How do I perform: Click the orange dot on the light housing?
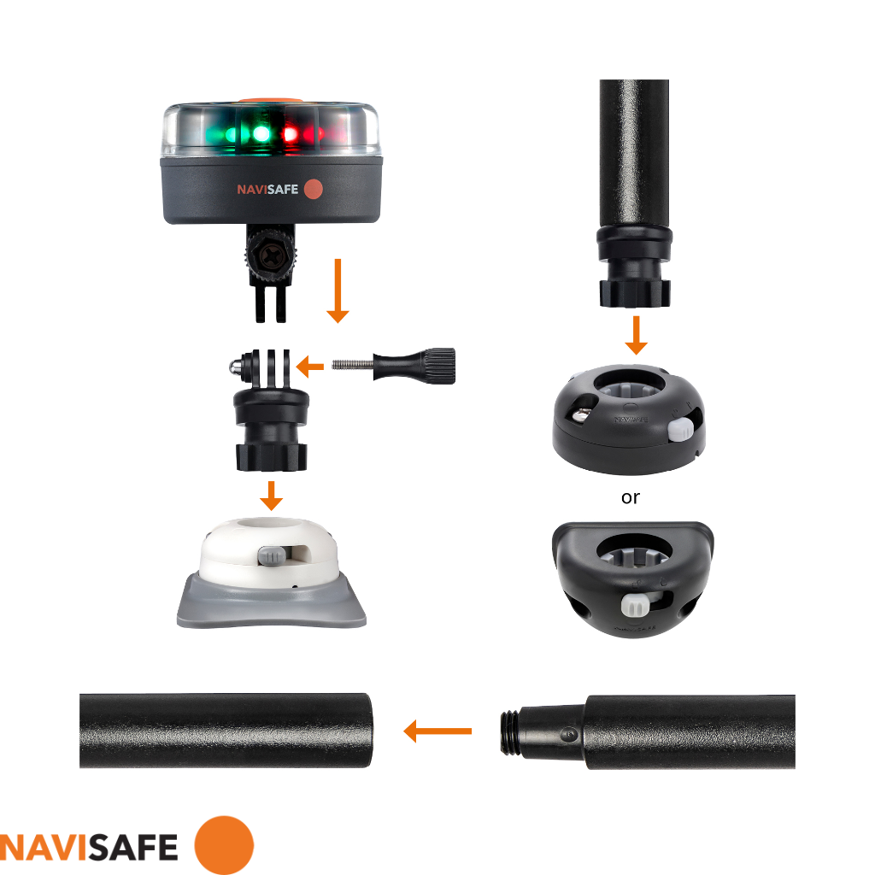tap(313, 189)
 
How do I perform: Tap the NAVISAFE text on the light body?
tap(267, 189)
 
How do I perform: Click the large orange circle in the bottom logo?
tap(224, 845)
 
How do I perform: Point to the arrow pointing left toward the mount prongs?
tap(310, 367)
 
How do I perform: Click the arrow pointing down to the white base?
tap(272, 496)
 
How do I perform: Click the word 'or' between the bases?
tap(631, 497)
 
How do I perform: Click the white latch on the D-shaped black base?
tap(633, 604)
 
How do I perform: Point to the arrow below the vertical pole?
tap(635, 335)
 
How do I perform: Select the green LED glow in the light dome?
tap(256, 134)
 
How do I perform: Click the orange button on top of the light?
tap(262, 101)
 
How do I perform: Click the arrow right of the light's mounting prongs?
tap(338, 291)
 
